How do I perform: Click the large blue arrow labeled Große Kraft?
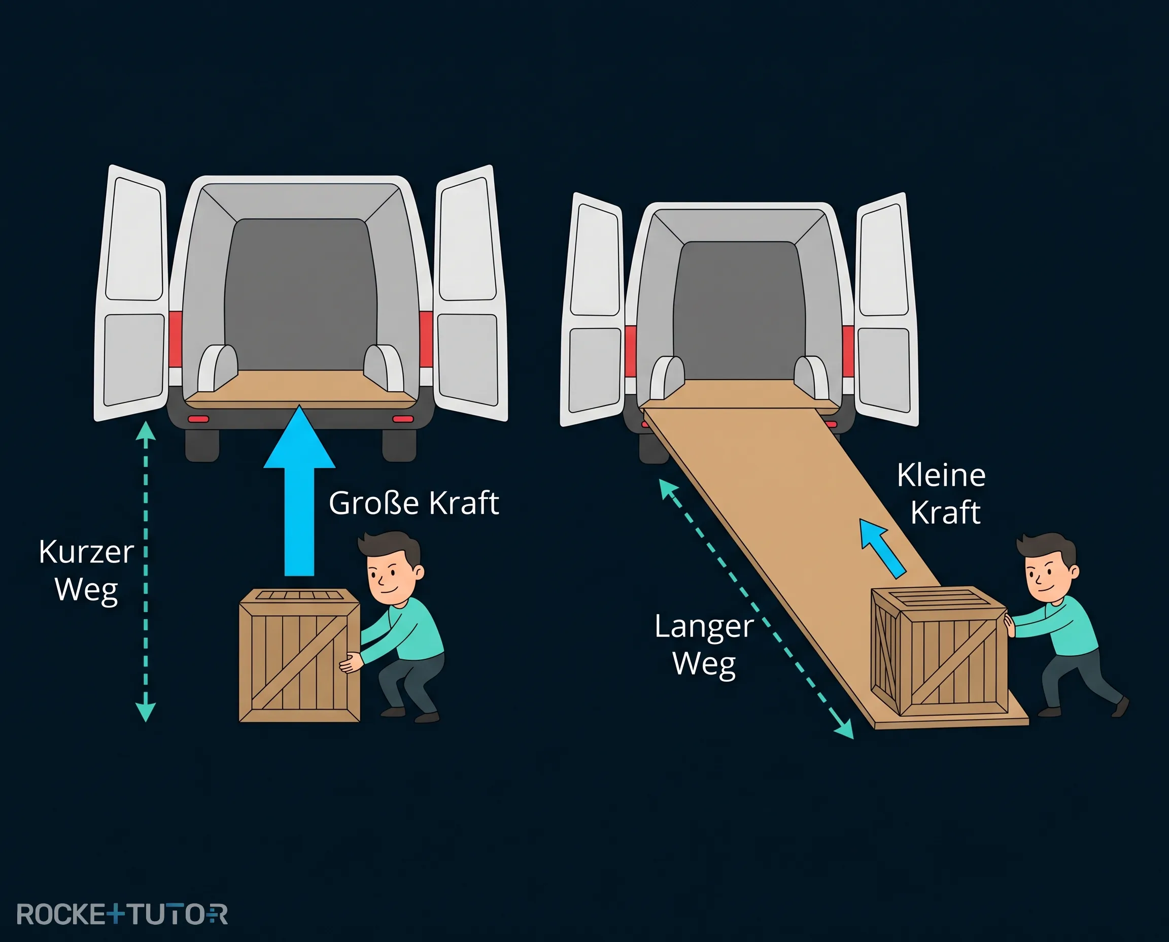(x=299, y=491)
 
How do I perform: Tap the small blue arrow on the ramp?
(x=882, y=548)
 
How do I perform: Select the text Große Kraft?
(x=414, y=503)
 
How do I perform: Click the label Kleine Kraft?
(x=942, y=493)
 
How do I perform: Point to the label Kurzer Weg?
(x=86, y=571)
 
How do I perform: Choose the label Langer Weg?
(x=704, y=645)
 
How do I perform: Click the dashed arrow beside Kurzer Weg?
(x=146, y=571)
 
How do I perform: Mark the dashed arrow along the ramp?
(x=756, y=609)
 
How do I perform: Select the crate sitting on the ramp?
(x=939, y=651)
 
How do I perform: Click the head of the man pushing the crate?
(x=1048, y=567)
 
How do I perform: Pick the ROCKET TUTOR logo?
(x=122, y=914)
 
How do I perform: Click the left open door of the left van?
(x=131, y=293)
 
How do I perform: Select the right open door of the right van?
(x=887, y=310)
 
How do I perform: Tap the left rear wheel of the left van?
(x=202, y=446)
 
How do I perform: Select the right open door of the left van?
(x=471, y=293)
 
